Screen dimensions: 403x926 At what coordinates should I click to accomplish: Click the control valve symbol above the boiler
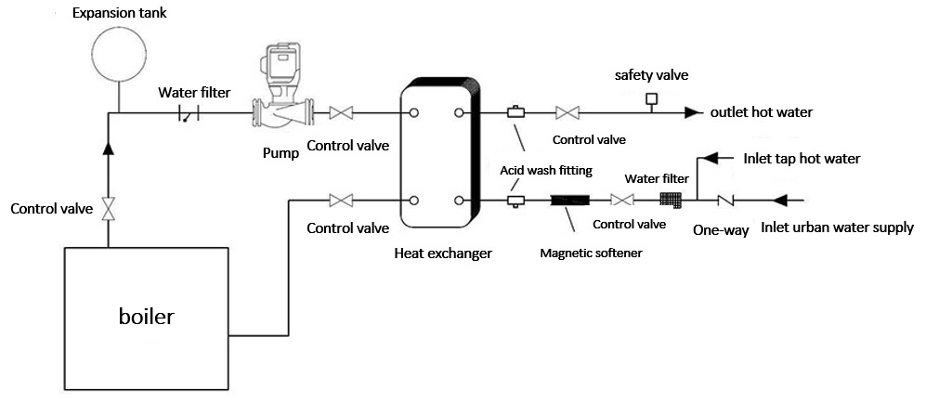point(109,209)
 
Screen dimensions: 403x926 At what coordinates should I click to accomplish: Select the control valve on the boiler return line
point(341,200)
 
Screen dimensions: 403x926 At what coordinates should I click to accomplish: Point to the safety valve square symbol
point(652,98)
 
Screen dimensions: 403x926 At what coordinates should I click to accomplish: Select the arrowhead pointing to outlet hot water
point(693,113)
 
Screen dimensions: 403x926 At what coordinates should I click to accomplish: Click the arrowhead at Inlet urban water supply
point(781,200)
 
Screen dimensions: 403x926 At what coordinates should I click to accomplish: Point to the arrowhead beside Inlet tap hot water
point(709,158)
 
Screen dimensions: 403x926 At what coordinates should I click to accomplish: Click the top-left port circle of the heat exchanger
point(413,113)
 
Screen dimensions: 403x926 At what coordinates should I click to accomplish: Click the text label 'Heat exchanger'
point(443,253)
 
